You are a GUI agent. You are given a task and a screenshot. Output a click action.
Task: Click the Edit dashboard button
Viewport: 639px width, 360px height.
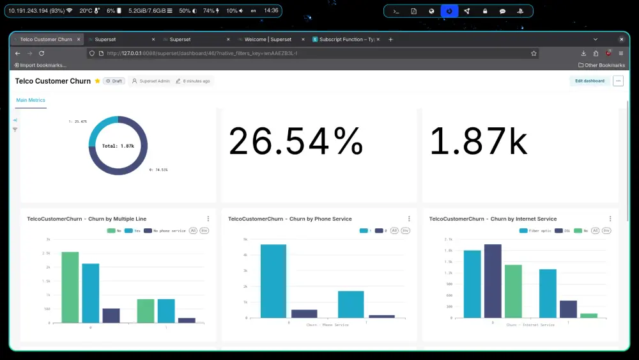(589, 81)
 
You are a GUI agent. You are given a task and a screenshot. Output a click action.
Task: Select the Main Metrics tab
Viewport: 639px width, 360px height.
(31, 100)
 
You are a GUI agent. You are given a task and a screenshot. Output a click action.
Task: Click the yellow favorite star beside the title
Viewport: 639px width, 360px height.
(97, 81)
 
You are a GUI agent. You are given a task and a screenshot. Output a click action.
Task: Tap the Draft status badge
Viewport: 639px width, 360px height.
(114, 81)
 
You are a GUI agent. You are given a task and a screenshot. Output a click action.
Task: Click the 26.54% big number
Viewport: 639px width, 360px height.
(296, 141)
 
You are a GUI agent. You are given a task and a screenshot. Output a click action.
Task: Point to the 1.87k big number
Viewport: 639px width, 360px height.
(479, 141)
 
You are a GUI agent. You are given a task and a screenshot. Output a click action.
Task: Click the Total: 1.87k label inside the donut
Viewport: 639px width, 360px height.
(118, 146)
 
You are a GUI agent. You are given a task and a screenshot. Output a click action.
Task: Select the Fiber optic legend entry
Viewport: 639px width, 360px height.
(537, 230)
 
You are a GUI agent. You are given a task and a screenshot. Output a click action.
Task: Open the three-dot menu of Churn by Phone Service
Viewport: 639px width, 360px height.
(409, 219)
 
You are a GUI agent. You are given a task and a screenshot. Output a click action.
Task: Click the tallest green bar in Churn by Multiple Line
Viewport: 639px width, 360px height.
(70, 287)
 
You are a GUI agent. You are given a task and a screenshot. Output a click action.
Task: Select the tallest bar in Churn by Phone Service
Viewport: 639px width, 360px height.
(273, 281)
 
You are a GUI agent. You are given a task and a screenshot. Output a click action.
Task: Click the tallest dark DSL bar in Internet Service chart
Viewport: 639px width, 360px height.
(493, 281)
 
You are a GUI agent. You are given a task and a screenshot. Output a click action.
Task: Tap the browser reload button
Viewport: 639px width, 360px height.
(42, 54)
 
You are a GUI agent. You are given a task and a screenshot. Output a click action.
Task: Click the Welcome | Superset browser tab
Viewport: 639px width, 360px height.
(268, 40)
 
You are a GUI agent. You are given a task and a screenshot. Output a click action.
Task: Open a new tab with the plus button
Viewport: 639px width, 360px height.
(390, 40)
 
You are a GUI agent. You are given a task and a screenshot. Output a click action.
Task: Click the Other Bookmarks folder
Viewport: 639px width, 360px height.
(601, 65)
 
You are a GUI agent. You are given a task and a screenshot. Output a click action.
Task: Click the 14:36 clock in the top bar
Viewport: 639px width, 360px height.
(271, 11)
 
